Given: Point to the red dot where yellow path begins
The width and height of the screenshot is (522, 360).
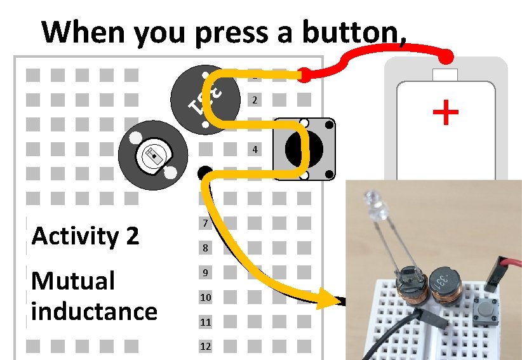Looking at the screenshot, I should tap(305, 76).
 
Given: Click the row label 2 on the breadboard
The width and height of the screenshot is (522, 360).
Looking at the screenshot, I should tap(255, 100).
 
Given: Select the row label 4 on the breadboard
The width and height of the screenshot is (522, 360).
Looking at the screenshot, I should tap(255, 150).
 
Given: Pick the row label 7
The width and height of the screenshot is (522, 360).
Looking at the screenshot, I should tap(204, 224).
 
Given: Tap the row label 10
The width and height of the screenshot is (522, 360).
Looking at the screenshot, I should tap(205, 298).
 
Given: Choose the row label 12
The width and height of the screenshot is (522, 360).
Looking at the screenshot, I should tap(205, 347).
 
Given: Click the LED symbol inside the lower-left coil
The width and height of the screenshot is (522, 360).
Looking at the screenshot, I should tap(153, 156).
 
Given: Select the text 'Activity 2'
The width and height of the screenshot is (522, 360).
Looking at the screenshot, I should tap(85, 236).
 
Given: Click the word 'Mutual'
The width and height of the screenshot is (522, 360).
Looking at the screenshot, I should tap(73, 281).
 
